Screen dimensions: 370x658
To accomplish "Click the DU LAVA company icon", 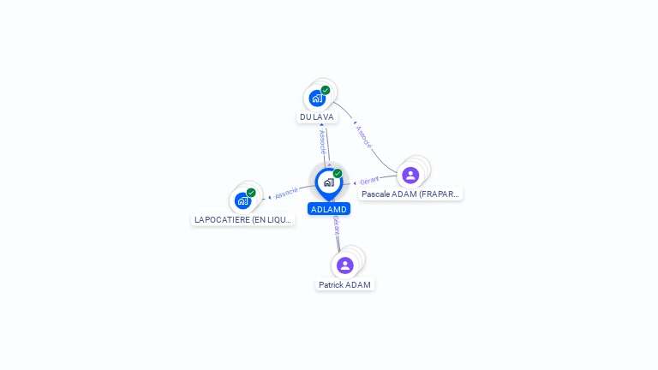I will point(317,98).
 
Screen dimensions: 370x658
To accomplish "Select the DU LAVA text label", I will point(317,116).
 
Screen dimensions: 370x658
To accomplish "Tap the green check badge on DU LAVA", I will point(326,90).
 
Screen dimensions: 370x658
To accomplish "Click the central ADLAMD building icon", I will point(328,182).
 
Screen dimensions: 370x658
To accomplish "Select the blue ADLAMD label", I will point(329,209).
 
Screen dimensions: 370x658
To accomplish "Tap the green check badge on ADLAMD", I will point(338,174).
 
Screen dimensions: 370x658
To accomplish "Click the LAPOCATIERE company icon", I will point(243,200).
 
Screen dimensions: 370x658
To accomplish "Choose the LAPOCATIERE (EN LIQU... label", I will point(244,219).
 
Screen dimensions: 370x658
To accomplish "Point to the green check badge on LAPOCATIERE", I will point(251,193).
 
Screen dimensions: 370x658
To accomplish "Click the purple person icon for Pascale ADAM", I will point(410,175).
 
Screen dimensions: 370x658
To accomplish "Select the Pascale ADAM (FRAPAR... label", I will point(410,194).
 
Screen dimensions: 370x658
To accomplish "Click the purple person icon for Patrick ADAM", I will point(345,265).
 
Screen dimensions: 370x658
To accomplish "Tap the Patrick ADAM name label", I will point(345,284).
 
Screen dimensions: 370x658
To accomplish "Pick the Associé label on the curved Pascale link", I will point(363,136).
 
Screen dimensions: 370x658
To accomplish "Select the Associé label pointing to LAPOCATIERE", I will point(286,193).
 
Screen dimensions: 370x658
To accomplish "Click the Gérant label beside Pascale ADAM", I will point(369,181).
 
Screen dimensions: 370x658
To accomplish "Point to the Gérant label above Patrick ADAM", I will point(337,224).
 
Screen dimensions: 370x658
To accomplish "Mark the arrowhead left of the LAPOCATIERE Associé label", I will point(270,198).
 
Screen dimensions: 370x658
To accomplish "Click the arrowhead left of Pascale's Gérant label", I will point(356,182).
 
